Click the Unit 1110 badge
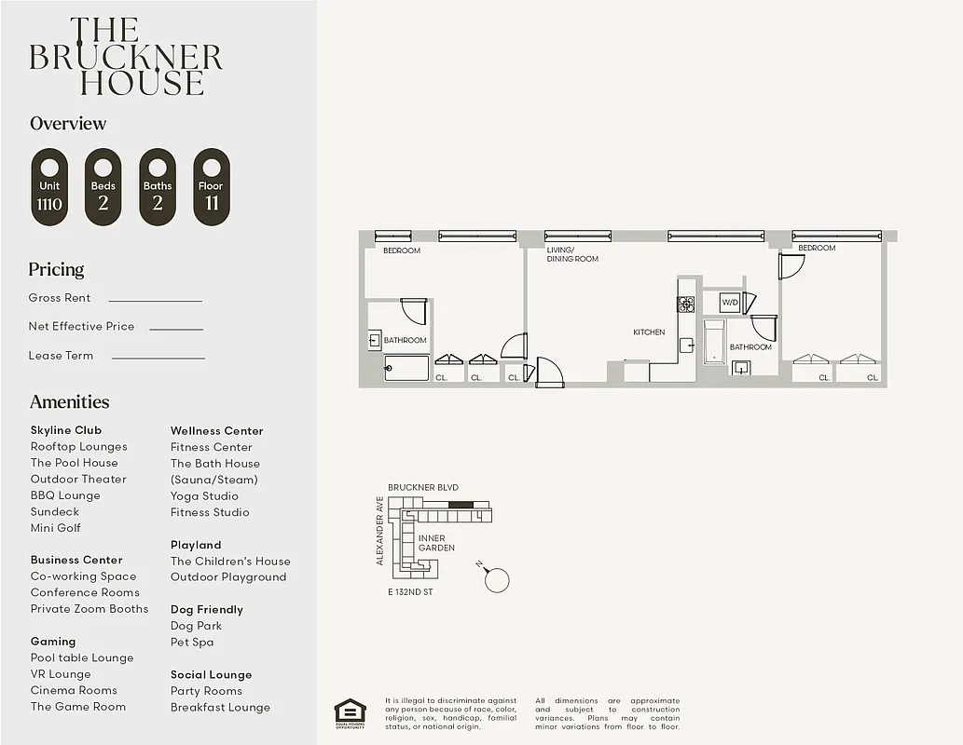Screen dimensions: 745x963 pyautogui.click(x=49, y=187)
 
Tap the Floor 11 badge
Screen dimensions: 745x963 pyautogui.click(x=211, y=187)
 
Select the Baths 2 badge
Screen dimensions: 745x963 pyautogui.click(x=158, y=187)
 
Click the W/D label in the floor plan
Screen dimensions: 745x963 pyautogui.click(x=730, y=303)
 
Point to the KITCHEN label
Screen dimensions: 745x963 pyautogui.click(x=649, y=332)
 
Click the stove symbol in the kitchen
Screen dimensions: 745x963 pyautogui.click(x=685, y=304)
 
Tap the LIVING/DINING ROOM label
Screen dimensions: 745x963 pyautogui.click(x=572, y=254)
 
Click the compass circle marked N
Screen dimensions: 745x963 pyautogui.click(x=498, y=580)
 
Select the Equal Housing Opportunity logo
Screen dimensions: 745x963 pyautogui.click(x=350, y=713)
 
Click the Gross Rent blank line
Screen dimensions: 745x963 pyautogui.click(x=155, y=301)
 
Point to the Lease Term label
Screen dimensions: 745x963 pyautogui.click(x=61, y=356)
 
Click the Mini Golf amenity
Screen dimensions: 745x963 pyautogui.click(x=55, y=528)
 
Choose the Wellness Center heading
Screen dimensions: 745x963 pyautogui.click(x=216, y=431)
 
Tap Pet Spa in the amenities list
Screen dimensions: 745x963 pyautogui.click(x=192, y=643)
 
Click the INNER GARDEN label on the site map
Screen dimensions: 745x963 pyautogui.click(x=436, y=543)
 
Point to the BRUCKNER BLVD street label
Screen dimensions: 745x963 pyautogui.click(x=423, y=488)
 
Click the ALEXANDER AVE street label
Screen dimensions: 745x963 pyautogui.click(x=379, y=531)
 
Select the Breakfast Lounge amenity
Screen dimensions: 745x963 pyautogui.click(x=220, y=708)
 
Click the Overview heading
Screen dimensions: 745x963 pyautogui.click(x=68, y=124)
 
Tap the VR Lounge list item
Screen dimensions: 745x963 pyautogui.click(x=61, y=674)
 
